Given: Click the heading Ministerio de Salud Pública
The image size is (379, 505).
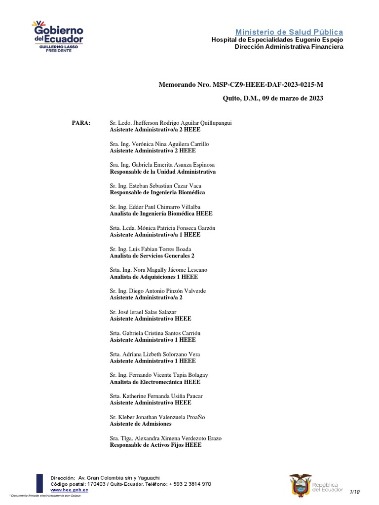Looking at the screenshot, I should [x=289, y=32].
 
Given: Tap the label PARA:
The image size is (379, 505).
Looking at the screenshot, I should [x=81, y=123].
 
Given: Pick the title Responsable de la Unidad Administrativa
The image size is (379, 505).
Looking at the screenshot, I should [x=162, y=172].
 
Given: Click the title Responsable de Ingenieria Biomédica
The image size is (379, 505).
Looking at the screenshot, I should [x=157, y=192].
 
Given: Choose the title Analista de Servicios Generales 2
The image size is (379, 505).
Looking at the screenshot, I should [x=152, y=256].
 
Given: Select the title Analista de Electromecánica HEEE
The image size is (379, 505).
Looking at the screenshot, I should [x=155, y=382].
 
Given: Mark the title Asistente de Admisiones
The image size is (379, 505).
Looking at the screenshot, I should [x=141, y=424].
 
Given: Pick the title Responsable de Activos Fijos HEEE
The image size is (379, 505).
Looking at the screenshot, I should [x=155, y=445].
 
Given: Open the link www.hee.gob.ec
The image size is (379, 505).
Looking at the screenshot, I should [x=70, y=490].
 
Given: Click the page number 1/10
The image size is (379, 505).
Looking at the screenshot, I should [x=355, y=492].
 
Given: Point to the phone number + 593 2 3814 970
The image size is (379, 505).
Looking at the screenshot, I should [x=190, y=484].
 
